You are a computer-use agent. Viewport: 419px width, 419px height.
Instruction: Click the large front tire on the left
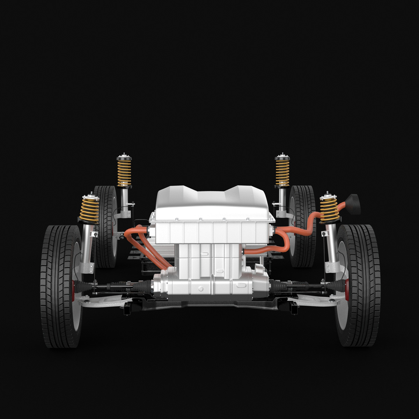(56, 286)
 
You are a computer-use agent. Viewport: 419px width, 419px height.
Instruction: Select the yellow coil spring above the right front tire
(329, 208)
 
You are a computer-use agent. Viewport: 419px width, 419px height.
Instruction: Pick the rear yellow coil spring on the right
(282, 172)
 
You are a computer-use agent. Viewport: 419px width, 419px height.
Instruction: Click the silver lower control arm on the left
(101, 300)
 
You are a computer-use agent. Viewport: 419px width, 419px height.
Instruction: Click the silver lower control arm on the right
(314, 300)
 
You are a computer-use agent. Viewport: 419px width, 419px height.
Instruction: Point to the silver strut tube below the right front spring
(332, 244)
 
